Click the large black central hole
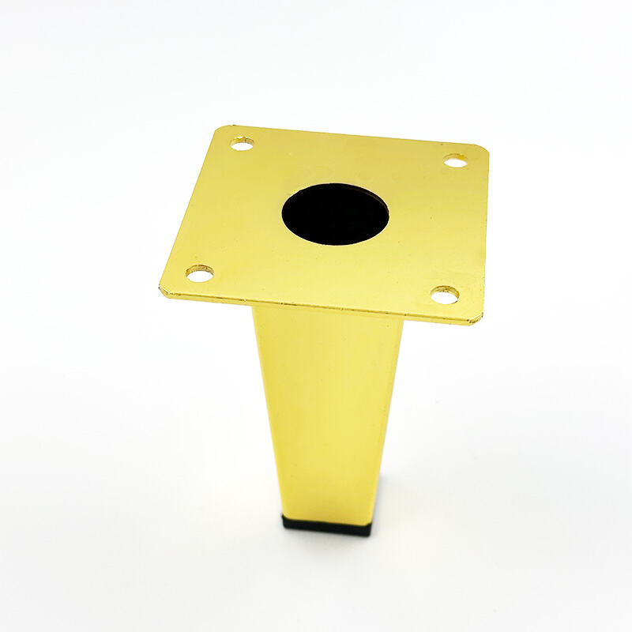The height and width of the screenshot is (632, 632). (x=335, y=213)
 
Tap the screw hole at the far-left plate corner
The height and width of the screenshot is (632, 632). (x=242, y=144)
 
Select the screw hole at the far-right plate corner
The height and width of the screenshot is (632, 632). (x=454, y=161)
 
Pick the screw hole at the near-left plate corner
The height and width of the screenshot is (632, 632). (x=199, y=273)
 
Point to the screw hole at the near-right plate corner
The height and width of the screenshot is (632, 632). (x=445, y=295)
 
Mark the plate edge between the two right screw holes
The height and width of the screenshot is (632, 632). (x=483, y=229)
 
